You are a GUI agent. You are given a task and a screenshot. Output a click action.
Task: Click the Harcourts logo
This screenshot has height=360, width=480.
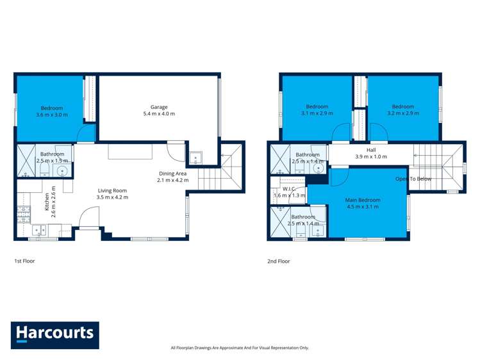[x=54, y=334]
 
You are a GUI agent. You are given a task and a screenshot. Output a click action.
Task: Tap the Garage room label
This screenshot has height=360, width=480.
[x=159, y=107]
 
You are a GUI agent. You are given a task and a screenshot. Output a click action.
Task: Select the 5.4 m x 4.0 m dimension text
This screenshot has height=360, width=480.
[x=159, y=114]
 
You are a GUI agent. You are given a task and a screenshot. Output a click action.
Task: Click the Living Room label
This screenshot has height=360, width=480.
[x=112, y=190]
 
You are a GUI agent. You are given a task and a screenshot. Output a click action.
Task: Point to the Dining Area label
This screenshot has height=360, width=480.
[x=173, y=174]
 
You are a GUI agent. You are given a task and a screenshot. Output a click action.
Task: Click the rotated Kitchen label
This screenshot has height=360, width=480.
[x=47, y=202]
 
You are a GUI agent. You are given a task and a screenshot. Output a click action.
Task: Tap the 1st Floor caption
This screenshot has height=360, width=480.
[x=25, y=261]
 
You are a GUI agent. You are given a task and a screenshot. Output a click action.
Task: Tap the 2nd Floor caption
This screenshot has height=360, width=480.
[x=279, y=261]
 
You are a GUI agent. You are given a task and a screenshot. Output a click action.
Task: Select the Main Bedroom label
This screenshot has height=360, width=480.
[x=362, y=199]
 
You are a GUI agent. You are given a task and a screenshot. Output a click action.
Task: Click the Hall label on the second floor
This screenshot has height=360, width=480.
[x=371, y=150]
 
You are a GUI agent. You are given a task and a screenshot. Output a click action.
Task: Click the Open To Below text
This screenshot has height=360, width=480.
[x=413, y=179]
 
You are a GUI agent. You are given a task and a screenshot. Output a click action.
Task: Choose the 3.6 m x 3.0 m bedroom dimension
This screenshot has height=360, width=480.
[x=52, y=115]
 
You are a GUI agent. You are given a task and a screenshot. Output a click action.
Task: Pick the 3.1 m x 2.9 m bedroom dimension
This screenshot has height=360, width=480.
[x=317, y=113]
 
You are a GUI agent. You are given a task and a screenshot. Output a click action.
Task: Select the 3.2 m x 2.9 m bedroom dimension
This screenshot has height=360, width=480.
[x=403, y=113]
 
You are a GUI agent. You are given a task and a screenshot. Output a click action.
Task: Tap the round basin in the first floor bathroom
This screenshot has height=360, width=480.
[x=63, y=170]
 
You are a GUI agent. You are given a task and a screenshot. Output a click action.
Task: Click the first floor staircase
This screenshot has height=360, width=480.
[x=221, y=173]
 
